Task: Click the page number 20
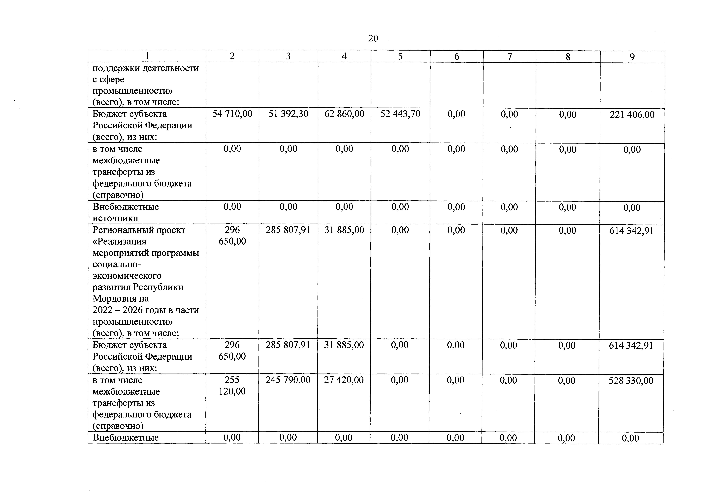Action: (x=373, y=38)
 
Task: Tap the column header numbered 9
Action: (x=632, y=57)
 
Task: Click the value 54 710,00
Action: (x=232, y=114)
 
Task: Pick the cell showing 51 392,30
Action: (x=288, y=114)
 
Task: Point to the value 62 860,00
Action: (x=344, y=114)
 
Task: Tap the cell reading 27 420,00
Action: (x=344, y=380)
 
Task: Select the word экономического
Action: (x=127, y=276)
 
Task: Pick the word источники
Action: (x=115, y=218)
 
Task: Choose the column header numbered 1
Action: (x=147, y=56)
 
